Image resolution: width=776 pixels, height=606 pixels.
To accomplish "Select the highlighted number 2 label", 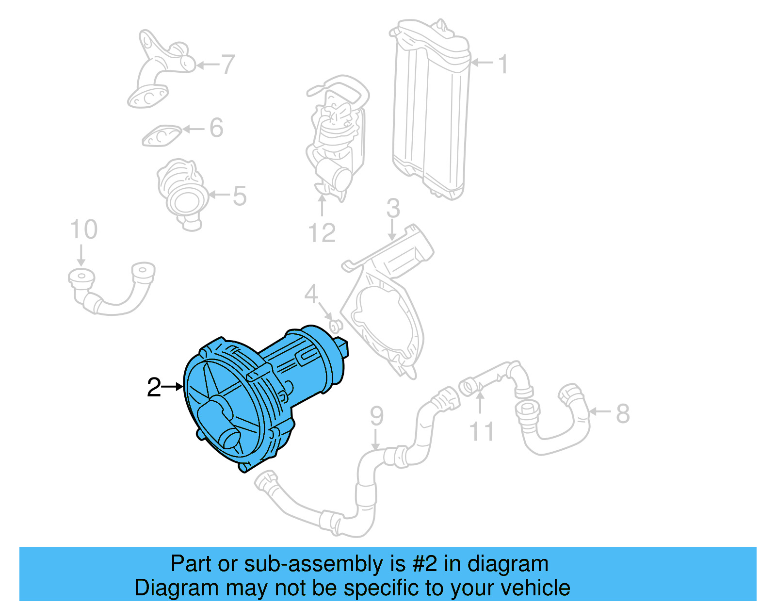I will (x=154, y=387).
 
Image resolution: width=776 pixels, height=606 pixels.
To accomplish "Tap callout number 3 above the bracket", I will (x=393, y=209).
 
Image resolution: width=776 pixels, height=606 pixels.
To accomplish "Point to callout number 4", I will (x=311, y=294).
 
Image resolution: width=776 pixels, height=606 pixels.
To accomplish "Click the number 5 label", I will (x=240, y=196).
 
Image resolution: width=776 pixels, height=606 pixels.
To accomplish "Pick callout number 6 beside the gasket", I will (x=216, y=128).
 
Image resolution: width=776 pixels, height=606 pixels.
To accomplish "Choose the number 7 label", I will (x=228, y=64).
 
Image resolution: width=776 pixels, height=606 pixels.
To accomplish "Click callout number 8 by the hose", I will (x=623, y=413).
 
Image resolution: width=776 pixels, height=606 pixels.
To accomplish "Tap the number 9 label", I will (x=376, y=416).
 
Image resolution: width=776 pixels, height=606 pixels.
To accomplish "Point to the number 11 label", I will (x=482, y=431).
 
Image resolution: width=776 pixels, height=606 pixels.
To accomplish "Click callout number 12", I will (x=322, y=233).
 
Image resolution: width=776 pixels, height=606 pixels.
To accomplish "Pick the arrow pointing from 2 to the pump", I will (x=172, y=387).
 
